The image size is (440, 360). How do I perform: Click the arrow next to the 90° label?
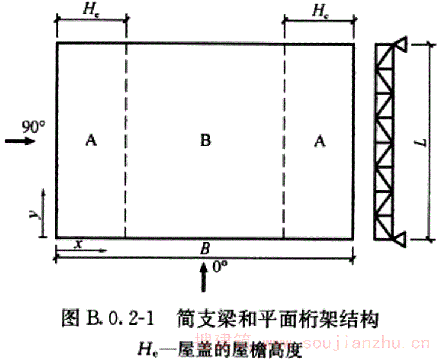[17, 142]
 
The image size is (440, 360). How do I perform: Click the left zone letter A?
[91, 140]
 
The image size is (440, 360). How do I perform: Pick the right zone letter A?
[320, 140]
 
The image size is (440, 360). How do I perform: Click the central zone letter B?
[206, 140]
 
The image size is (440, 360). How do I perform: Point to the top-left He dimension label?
[92, 10]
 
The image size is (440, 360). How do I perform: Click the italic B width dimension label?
[205, 247]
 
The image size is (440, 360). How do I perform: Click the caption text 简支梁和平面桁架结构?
[277, 319]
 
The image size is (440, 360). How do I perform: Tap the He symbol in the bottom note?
[146, 347]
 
